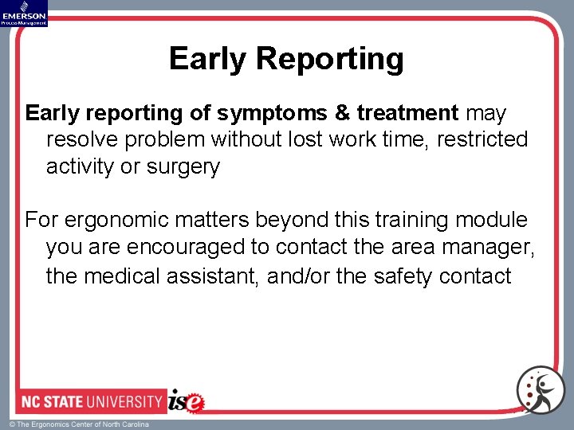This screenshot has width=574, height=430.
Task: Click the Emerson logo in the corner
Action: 24,13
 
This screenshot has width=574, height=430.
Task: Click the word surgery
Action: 182,167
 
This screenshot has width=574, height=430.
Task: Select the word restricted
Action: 482,140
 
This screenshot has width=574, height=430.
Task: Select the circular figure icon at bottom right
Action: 541,389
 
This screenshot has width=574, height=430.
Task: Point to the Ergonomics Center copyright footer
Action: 79,424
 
